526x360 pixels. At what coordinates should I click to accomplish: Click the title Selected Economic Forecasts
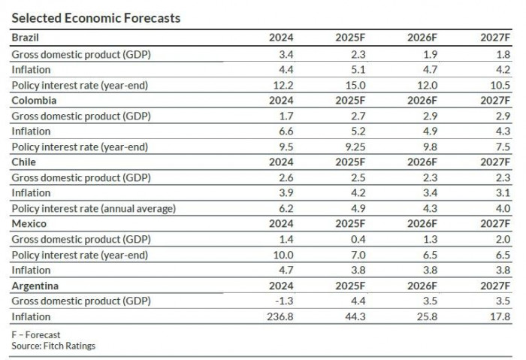[x=95, y=18]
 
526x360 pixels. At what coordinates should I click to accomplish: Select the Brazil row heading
[x=25, y=37]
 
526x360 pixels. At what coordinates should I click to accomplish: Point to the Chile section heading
[x=23, y=162]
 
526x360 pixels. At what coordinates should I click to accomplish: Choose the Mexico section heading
[x=29, y=224]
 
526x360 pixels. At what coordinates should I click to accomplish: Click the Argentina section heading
[x=35, y=286]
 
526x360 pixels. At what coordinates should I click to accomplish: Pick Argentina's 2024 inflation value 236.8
[x=279, y=317]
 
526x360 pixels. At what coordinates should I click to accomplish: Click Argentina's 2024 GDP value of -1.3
[x=283, y=301]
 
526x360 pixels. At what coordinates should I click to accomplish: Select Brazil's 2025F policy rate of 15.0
[x=354, y=85]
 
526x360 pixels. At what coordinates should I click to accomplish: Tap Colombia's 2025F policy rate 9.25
[x=352, y=147]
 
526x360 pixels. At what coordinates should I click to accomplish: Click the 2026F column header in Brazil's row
[x=422, y=37]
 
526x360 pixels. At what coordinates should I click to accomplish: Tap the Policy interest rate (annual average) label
[x=93, y=209]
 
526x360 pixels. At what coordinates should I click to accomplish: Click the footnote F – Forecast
[x=35, y=334]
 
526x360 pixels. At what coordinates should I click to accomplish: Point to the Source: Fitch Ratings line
[x=53, y=346]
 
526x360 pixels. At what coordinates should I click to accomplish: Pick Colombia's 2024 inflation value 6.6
[x=284, y=132]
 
